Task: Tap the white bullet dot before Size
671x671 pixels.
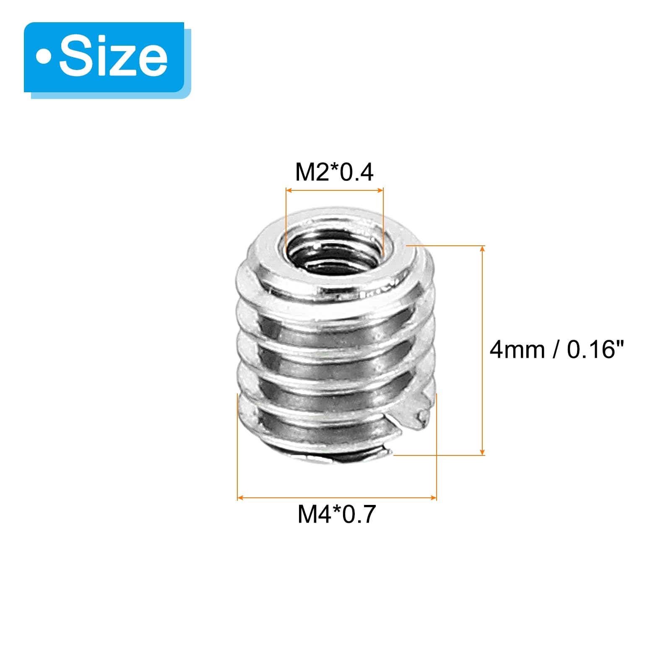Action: coord(44,57)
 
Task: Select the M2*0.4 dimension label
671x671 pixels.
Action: coord(334,172)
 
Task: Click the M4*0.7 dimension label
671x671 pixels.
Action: coord(337,514)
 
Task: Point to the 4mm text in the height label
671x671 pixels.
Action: coord(517,349)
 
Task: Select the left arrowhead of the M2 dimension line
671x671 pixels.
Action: coord(289,190)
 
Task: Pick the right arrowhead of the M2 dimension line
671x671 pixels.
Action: coord(381,190)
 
